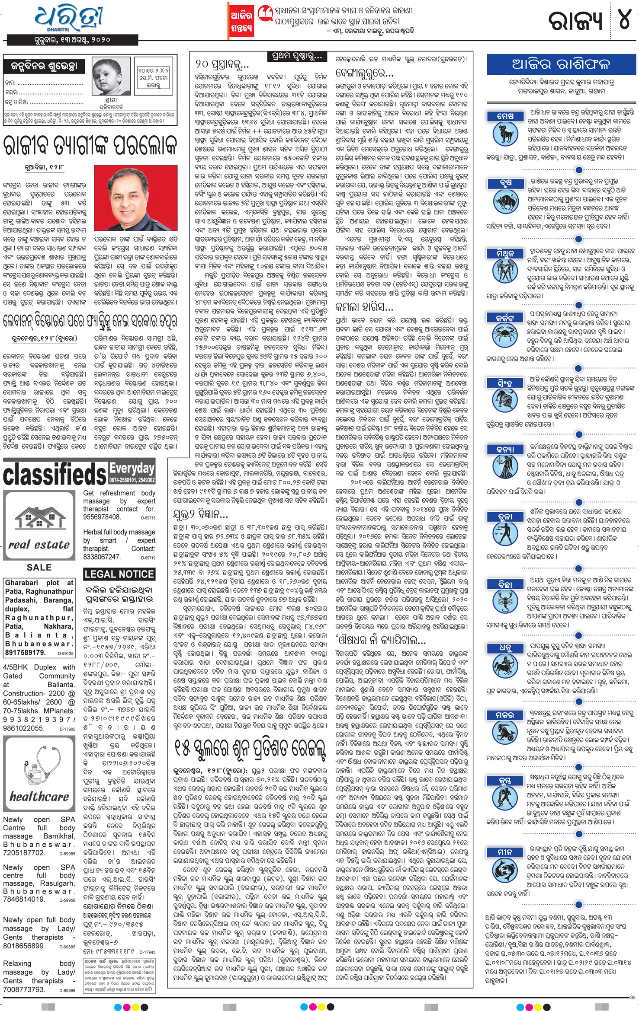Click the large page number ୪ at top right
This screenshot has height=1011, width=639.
tap(624, 19)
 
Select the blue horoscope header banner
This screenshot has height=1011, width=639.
tap(561, 65)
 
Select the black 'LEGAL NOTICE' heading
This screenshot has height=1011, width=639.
tap(119, 574)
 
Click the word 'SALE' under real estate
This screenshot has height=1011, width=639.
tap(39, 568)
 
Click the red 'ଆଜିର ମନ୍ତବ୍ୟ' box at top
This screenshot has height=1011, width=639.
tap(241, 22)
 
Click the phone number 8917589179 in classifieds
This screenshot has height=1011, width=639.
tap(25, 652)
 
